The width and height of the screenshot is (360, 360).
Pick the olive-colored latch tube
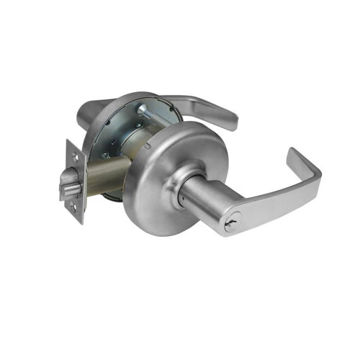coord(108,172)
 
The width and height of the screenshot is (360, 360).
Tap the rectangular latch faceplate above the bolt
coord(76,162)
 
